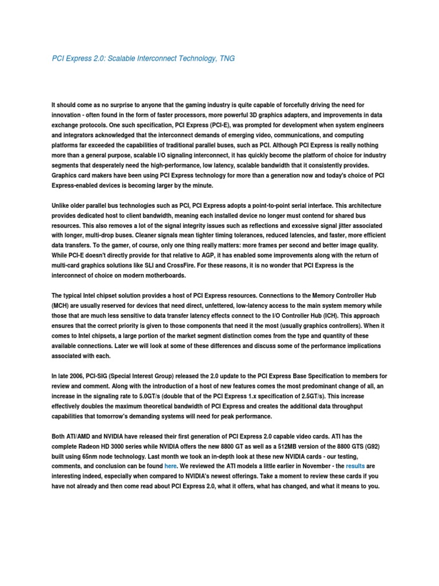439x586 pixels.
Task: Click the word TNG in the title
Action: coord(227,58)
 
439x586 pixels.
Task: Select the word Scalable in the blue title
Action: coord(125,58)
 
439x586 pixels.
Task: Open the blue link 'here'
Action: coord(171,466)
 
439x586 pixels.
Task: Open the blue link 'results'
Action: coord(355,466)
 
